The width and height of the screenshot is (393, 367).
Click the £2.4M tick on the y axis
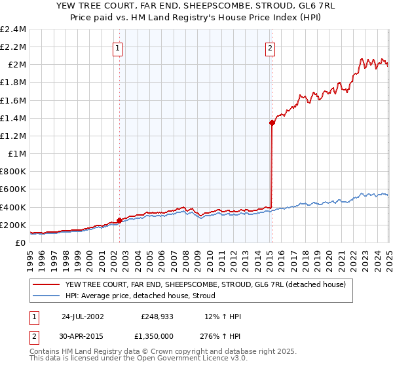point(14,29)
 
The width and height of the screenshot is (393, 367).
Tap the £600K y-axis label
point(14,189)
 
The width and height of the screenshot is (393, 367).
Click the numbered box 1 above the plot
point(117,47)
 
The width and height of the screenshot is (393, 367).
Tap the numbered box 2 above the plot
point(270,47)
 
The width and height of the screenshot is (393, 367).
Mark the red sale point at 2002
point(119,220)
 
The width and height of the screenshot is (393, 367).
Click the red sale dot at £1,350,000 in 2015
point(272,123)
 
